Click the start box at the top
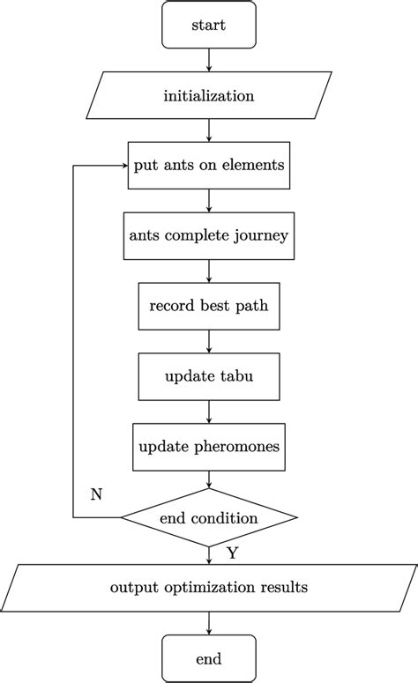pyautogui.click(x=209, y=26)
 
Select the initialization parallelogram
pyautogui.click(x=209, y=95)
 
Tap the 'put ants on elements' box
pyautogui.click(x=209, y=165)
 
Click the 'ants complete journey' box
pyautogui.click(x=209, y=235)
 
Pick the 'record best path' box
pyautogui.click(x=209, y=307)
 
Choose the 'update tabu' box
pyautogui.click(x=209, y=377)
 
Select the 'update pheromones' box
pyautogui.click(x=209, y=447)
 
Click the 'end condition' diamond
pyautogui.click(x=209, y=517)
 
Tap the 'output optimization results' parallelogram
pyautogui.click(x=209, y=587)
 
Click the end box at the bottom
pyautogui.click(x=209, y=657)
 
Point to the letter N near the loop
pyautogui.click(x=96, y=494)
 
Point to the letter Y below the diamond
pyautogui.click(x=232, y=553)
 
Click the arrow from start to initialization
pyautogui.click(x=209, y=60)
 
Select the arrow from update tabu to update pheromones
pyautogui.click(x=209, y=412)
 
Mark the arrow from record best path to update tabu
pyautogui.click(x=209, y=342)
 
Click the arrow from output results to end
pyautogui.click(x=209, y=622)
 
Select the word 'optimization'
pyautogui.click(x=206, y=587)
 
